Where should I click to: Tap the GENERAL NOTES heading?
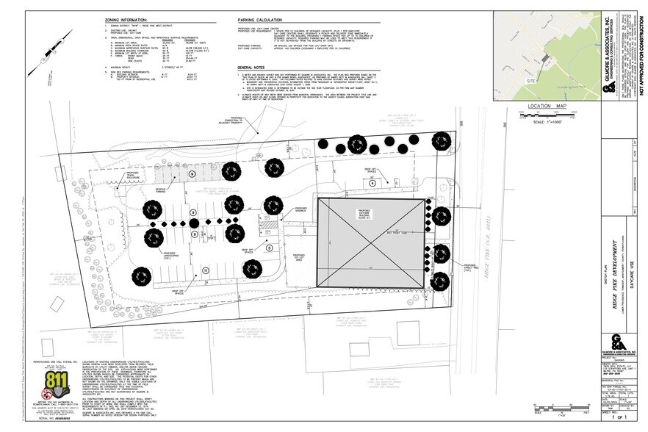click(x=254, y=66)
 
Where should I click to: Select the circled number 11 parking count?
click(x=206, y=271)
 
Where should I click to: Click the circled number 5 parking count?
click(x=269, y=248)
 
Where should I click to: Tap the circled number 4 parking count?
click(x=372, y=182)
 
